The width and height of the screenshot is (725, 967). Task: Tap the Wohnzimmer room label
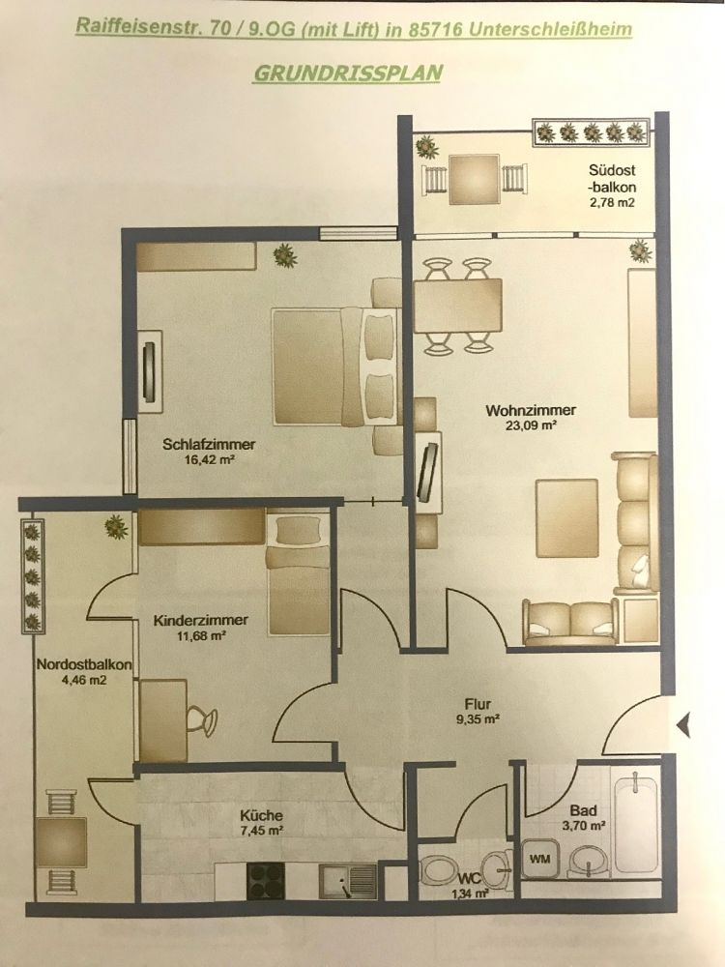tap(524, 409)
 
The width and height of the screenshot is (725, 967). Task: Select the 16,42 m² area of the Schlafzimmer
tap(210, 460)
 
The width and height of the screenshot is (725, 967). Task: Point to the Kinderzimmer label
tap(201, 620)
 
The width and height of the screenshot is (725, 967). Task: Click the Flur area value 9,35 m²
tap(478, 718)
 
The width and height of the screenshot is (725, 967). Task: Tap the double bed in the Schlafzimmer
tap(333, 366)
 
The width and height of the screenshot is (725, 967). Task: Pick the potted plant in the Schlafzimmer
tap(284, 254)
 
